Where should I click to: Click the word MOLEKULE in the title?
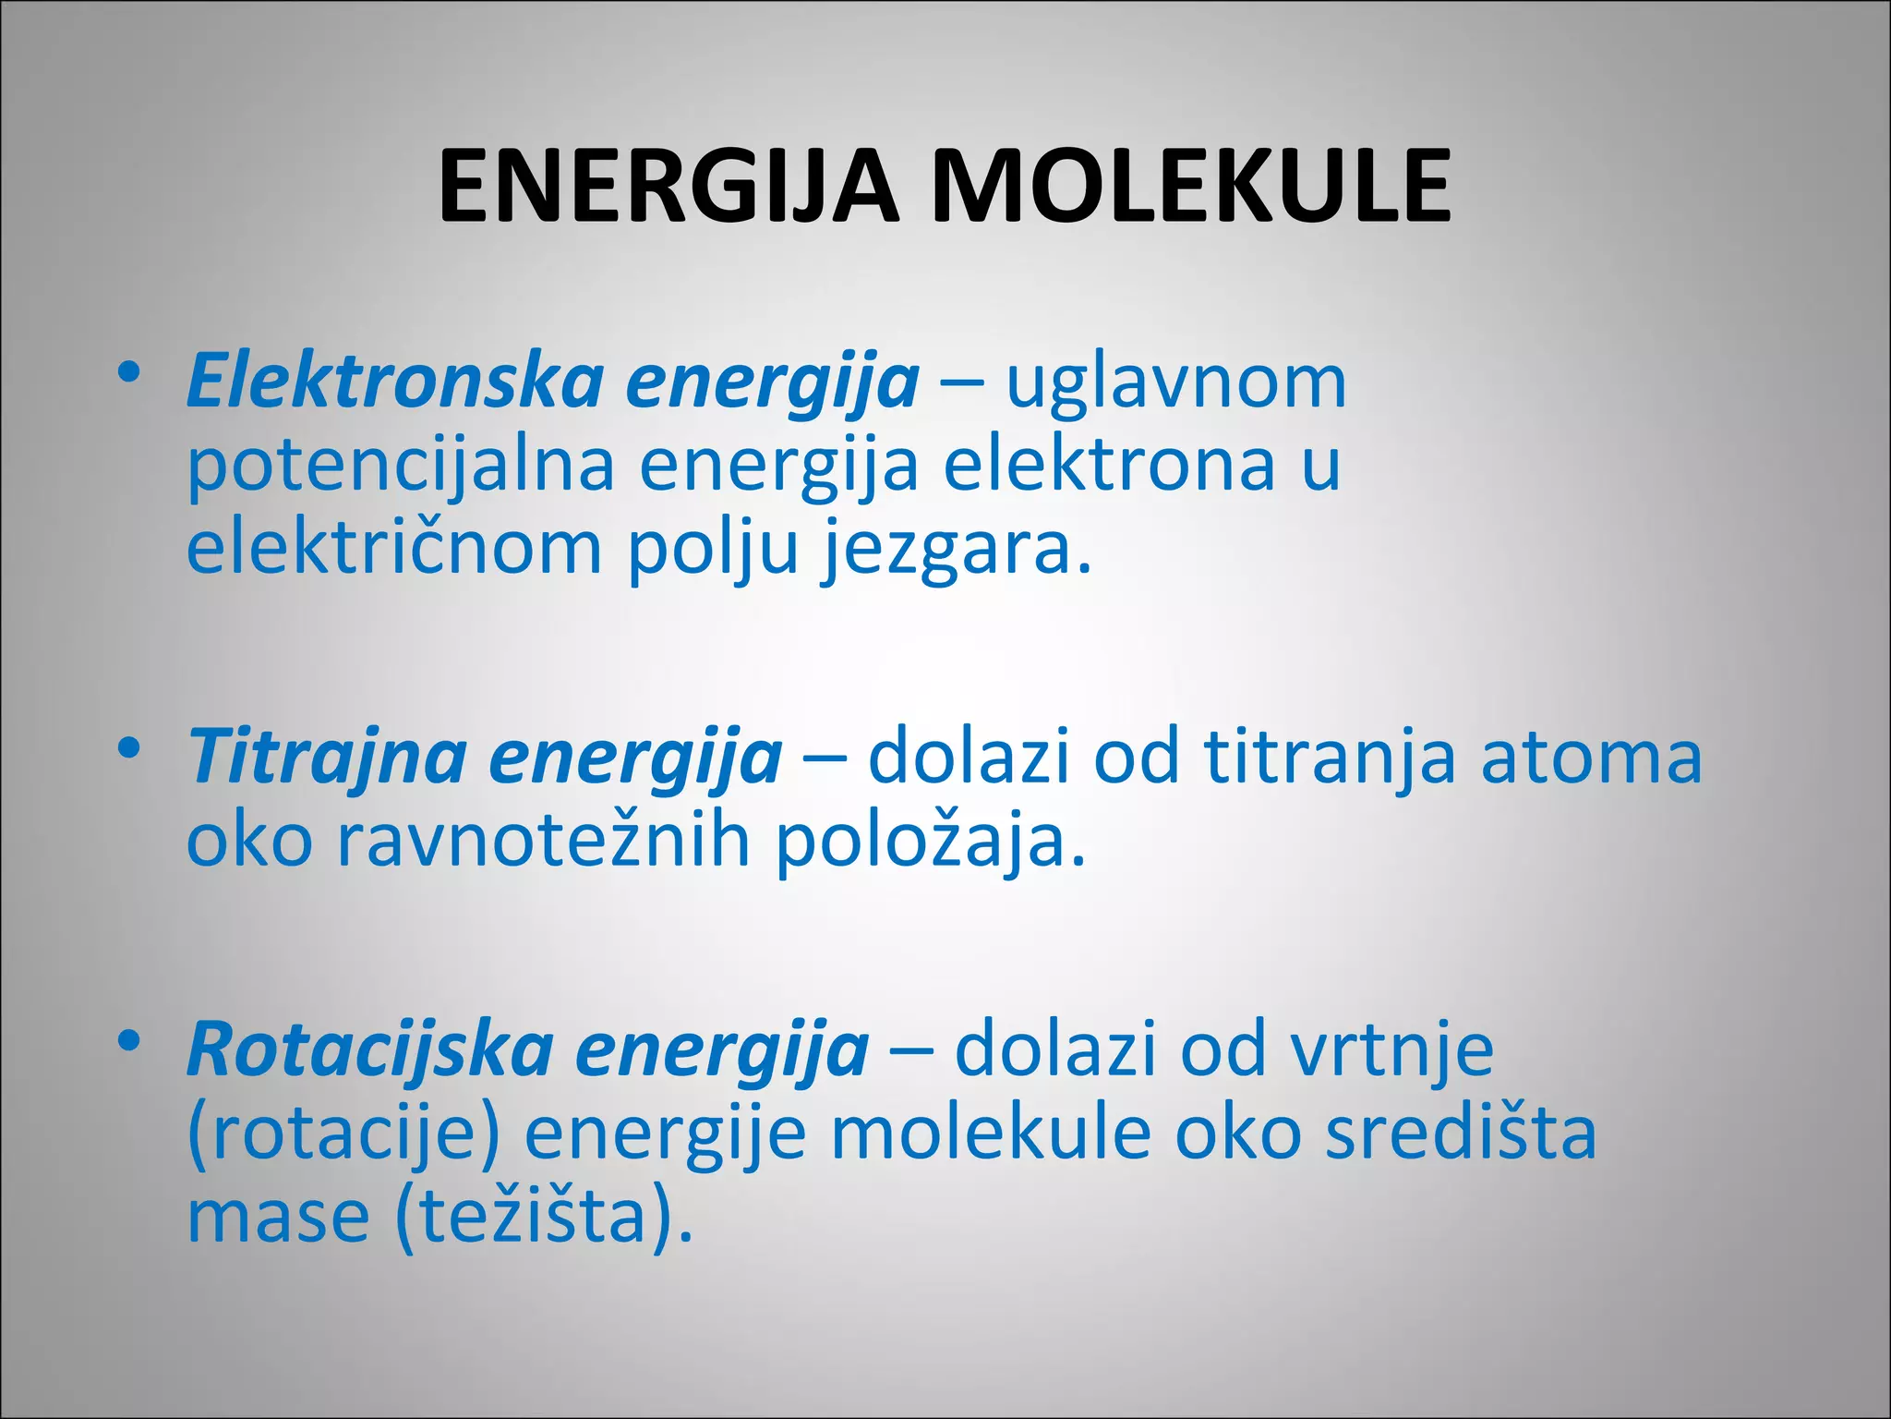click(1191, 188)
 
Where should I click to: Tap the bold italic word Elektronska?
click(394, 381)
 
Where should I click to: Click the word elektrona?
click(1109, 465)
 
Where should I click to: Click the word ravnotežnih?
click(543, 841)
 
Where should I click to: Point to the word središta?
click(1460, 1134)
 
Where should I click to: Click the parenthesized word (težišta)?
click(543, 1218)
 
